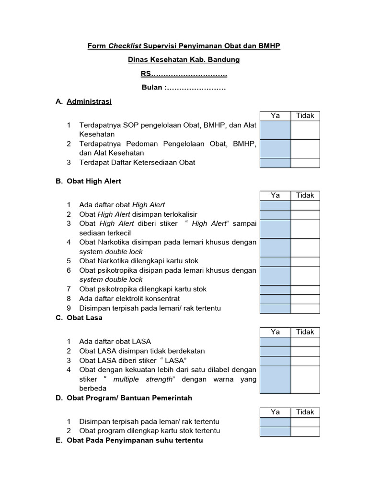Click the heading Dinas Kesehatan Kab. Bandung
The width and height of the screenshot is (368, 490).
(184, 60)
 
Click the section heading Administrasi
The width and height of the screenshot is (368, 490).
(89, 102)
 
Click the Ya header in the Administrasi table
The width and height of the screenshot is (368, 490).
(275, 116)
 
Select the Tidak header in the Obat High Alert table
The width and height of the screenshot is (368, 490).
(305, 195)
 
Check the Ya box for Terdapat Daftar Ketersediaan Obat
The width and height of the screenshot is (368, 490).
(275, 163)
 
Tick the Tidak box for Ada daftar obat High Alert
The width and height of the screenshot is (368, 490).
(305, 205)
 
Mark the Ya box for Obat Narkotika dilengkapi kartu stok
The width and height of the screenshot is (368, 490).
(275, 261)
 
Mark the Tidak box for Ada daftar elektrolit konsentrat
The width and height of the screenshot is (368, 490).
(305, 299)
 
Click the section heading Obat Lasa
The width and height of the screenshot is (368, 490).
(84, 318)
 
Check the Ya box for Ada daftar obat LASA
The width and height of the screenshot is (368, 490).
(275, 342)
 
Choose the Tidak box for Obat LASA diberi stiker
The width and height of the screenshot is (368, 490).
(305, 360)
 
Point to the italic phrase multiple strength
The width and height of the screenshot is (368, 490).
(143, 379)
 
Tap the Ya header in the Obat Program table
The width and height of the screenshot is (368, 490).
(275, 412)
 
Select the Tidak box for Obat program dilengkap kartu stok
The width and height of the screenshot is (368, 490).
(305, 431)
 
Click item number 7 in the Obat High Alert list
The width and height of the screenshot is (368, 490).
(69, 289)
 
